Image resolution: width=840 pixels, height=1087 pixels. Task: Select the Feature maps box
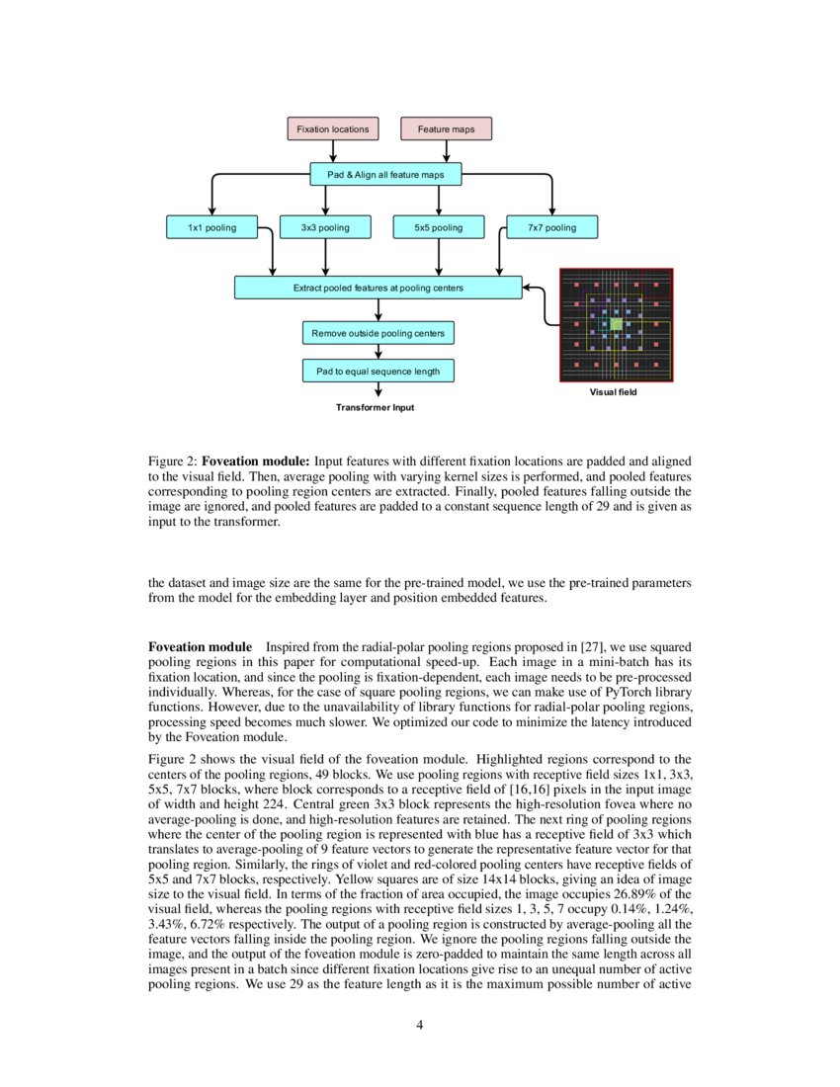(x=446, y=128)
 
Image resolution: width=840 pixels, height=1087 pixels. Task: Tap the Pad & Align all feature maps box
(x=385, y=175)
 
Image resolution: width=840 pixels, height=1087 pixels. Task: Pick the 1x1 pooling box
(x=212, y=228)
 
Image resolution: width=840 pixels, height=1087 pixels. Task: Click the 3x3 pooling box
(x=325, y=228)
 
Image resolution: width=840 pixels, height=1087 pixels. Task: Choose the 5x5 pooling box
(x=439, y=228)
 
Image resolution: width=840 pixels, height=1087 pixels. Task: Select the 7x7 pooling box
(x=552, y=228)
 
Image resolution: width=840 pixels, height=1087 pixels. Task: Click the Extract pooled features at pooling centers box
(x=378, y=288)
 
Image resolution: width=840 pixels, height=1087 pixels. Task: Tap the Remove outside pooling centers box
(x=378, y=333)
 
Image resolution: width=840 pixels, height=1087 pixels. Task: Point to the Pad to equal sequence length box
(x=378, y=372)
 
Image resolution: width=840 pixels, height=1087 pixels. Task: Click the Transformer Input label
(x=375, y=407)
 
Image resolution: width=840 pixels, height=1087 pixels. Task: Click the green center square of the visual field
(x=616, y=324)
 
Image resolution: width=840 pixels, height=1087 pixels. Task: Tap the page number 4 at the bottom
(x=420, y=1024)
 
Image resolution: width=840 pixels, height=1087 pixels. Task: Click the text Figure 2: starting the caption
(x=173, y=461)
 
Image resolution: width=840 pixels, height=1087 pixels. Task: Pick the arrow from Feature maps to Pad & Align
(x=446, y=151)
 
